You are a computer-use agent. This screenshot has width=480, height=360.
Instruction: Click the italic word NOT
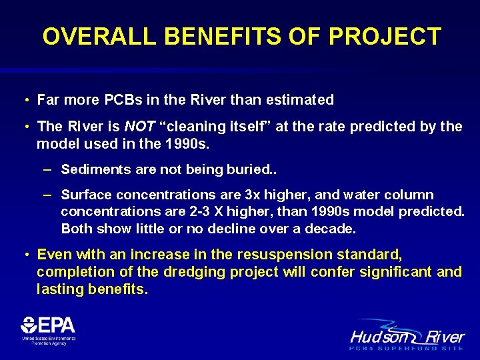coord(139,127)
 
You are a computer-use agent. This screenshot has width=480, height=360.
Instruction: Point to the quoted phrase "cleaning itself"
coord(207,127)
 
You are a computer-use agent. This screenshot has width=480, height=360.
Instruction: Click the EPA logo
coord(48,330)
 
